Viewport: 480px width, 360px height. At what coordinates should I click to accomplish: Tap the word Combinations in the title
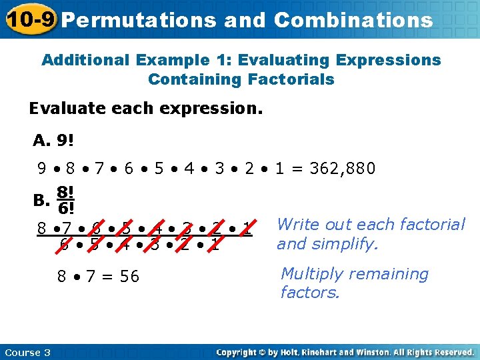[353, 20]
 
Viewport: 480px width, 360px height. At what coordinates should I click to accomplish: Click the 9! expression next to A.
[65, 141]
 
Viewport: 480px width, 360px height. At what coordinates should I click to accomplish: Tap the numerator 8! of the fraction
[65, 191]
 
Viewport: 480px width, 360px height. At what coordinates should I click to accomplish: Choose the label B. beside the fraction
[41, 199]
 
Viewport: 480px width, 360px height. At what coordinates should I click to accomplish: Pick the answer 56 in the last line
[129, 276]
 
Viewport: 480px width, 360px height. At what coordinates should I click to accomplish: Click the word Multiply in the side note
[311, 273]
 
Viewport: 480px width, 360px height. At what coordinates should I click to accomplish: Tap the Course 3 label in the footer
[27, 351]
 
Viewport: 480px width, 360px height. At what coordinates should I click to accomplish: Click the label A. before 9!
[41, 141]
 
